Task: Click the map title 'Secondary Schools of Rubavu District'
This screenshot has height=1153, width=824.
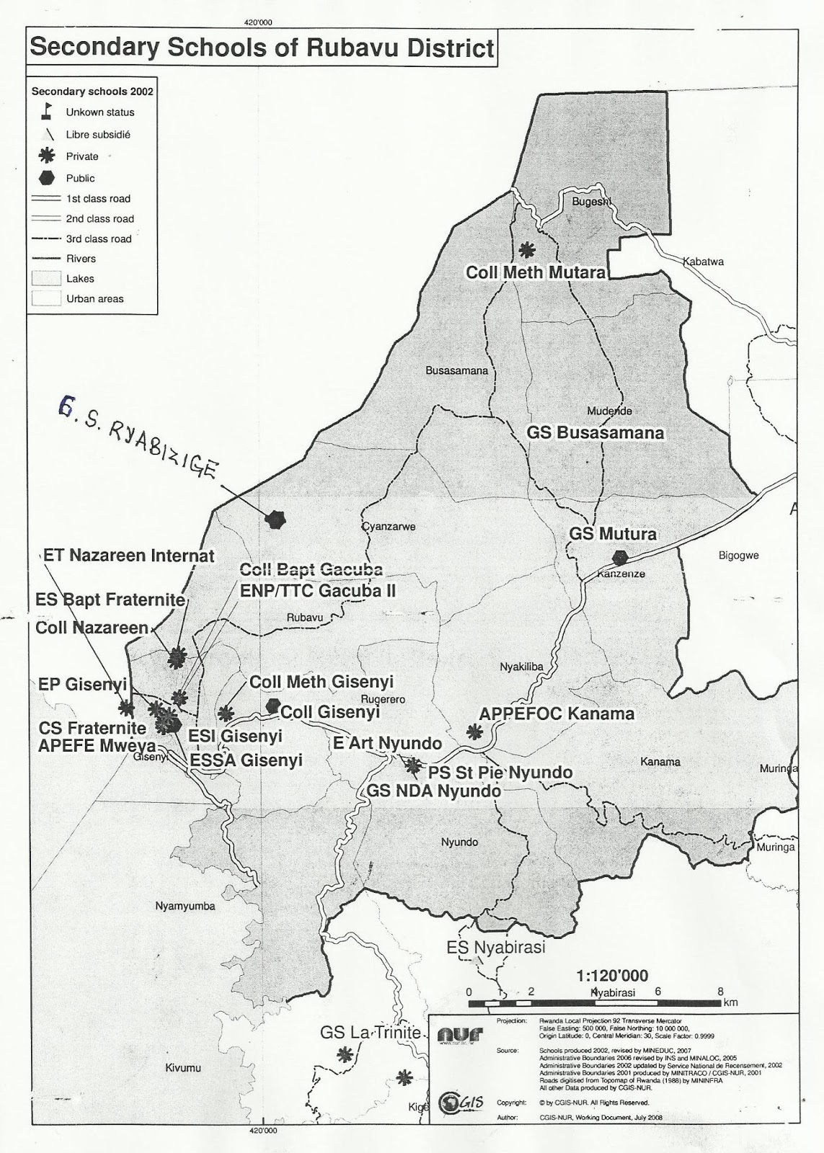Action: (262, 48)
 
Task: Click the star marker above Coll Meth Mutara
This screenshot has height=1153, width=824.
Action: (528, 250)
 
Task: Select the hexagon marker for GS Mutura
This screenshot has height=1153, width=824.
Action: (619, 557)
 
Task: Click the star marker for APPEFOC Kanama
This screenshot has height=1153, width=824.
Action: (474, 732)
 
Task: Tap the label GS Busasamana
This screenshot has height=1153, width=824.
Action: (595, 433)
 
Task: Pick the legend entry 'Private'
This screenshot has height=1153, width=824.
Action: (81, 156)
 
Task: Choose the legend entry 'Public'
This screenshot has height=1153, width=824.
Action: (80, 178)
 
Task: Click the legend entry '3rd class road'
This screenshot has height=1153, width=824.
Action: (98, 239)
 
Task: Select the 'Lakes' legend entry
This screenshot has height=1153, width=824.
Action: (80, 278)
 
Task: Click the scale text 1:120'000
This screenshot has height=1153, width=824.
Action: (612, 976)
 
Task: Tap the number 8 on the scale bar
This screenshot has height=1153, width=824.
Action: (719, 992)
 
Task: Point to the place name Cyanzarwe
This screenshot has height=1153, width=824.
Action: (389, 527)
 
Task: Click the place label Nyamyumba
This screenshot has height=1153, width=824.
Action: (185, 906)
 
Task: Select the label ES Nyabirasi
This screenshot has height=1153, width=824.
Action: (495, 947)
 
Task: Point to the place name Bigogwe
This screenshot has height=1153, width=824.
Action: (739, 556)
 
